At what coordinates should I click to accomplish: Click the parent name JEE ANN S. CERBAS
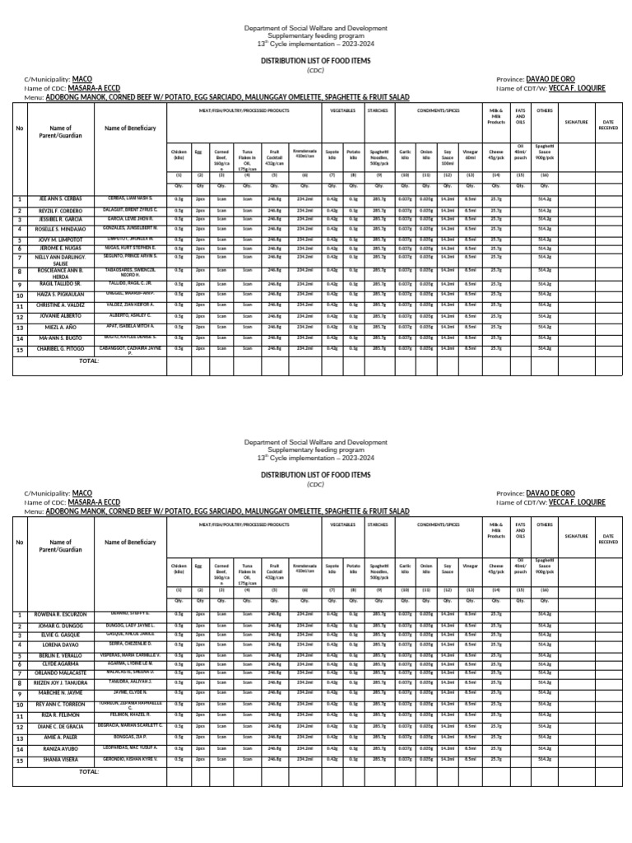coord(61,199)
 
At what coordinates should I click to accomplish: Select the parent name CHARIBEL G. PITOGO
coord(61,349)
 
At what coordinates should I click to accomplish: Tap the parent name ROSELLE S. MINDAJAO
coord(61,229)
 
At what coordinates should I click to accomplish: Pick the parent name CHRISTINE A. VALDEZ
coord(61,305)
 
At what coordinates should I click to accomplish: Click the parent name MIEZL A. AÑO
coord(61,327)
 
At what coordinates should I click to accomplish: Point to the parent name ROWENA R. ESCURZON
coord(61,615)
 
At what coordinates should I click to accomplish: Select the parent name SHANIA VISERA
coord(61,760)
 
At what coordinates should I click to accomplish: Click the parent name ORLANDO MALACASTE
coord(61,673)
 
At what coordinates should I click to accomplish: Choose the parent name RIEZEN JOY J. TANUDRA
coord(61,683)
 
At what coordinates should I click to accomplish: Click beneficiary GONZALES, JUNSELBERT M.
coord(131,229)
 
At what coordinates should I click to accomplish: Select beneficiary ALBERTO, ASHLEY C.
coord(131,315)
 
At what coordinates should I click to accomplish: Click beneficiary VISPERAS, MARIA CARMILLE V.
coord(131,654)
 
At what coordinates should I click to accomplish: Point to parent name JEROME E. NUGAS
coord(61,248)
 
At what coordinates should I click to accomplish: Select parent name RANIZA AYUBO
coord(61,749)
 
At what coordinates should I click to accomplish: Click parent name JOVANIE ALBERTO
coord(61,315)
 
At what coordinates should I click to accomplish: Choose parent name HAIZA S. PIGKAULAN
coord(61,294)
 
